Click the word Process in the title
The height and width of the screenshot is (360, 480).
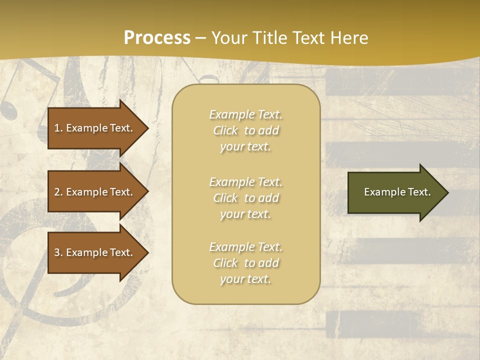click(157, 38)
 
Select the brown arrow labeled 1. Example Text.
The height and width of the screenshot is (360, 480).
click(95, 128)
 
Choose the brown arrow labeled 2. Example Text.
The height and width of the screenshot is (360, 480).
click(95, 192)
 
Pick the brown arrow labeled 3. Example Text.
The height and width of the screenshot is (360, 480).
click(95, 252)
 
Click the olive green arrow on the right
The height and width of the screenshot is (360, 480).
click(395, 192)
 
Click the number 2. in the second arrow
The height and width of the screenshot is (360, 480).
click(58, 192)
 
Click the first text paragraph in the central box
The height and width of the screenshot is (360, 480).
click(245, 130)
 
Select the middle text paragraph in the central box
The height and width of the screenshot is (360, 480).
click(245, 198)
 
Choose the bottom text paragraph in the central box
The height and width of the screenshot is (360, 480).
click(245, 263)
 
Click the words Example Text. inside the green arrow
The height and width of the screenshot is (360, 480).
click(397, 192)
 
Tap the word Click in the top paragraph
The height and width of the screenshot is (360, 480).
click(225, 130)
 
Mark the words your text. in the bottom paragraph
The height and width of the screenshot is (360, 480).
click(245, 279)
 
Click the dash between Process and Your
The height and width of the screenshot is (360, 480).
click(201, 38)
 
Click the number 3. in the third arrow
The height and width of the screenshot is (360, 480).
click(58, 252)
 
